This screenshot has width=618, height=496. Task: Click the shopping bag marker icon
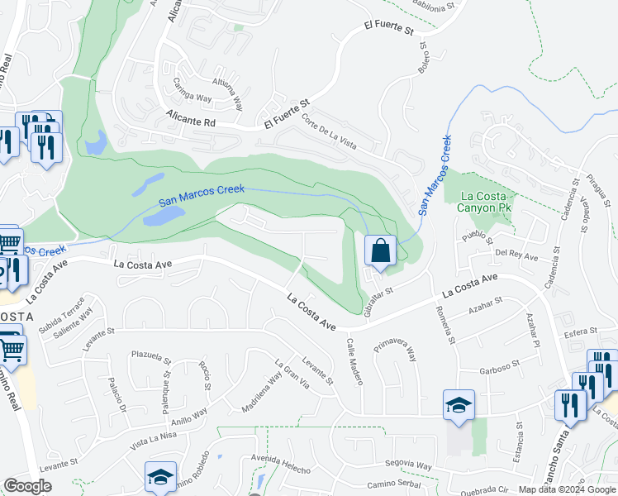[379, 250]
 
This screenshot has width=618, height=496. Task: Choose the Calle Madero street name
[354, 360]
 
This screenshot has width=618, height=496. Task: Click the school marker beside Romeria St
[459, 405]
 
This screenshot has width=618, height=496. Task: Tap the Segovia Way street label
[408, 466]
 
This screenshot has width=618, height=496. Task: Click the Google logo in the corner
[28, 486]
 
